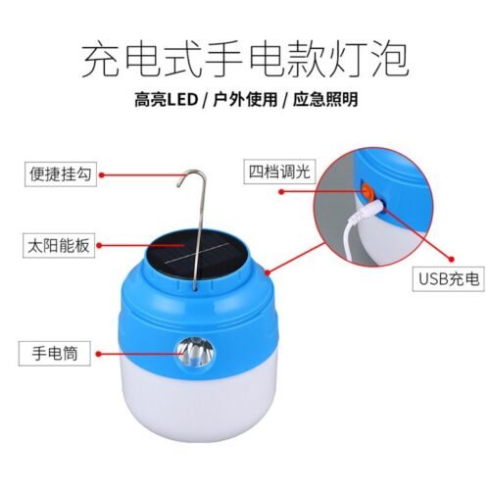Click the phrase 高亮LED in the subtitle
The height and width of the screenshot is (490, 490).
(166, 100)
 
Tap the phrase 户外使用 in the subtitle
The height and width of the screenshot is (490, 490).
(244, 100)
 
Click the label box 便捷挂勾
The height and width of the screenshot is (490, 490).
(56, 175)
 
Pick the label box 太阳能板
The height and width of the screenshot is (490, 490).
(56, 245)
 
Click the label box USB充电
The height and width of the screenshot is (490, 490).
(446, 280)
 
